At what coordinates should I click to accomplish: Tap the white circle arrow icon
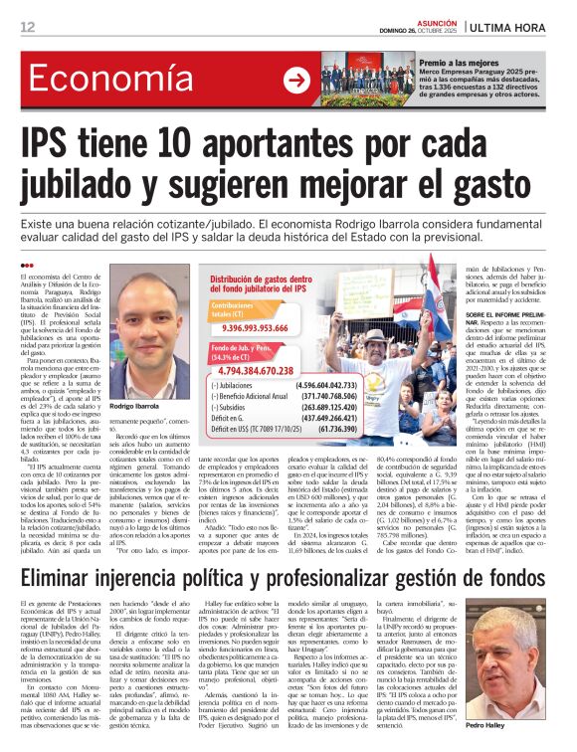[296, 81]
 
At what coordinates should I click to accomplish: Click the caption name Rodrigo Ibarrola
[136, 407]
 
